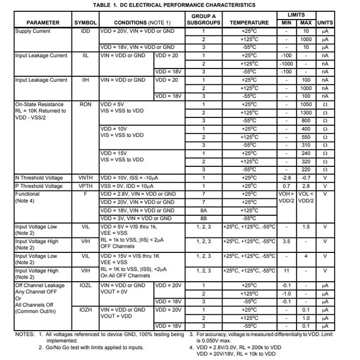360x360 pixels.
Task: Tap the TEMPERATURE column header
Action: (x=249, y=23)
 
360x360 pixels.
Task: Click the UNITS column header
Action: (x=325, y=23)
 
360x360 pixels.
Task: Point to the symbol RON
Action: (x=85, y=105)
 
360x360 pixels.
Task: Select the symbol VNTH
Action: (x=85, y=178)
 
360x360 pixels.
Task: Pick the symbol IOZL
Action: (x=85, y=285)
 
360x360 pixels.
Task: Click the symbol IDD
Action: (x=85, y=31)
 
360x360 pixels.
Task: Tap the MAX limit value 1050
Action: (x=306, y=105)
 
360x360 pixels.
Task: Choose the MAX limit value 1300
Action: (x=306, y=113)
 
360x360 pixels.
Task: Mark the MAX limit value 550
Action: (x=306, y=138)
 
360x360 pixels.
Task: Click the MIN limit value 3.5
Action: (x=286, y=241)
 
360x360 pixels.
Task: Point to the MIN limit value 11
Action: (x=286, y=271)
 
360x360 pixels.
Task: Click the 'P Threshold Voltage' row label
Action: (x=39, y=186)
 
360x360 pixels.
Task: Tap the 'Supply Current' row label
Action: (x=33, y=31)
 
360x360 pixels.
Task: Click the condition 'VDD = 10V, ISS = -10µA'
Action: (x=131, y=178)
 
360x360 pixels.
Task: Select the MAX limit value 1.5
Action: (x=306, y=227)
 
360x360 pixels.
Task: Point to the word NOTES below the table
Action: (x=25, y=334)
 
